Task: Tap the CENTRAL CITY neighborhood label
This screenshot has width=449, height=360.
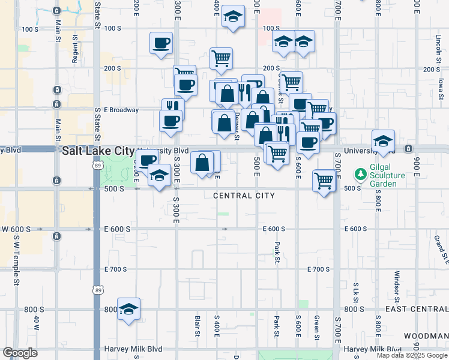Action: coord(244,196)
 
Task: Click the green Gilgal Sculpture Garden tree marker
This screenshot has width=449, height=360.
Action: coord(360,175)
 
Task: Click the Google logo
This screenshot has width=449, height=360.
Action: coord(20,353)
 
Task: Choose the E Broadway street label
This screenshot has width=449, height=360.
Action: coord(121,110)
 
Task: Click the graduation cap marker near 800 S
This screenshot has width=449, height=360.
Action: coord(128,309)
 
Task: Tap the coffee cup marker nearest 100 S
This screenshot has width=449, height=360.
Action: coord(161,43)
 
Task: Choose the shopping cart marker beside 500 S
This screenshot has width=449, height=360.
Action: coord(324,179)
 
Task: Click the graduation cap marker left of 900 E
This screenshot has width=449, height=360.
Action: coord(383,141)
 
